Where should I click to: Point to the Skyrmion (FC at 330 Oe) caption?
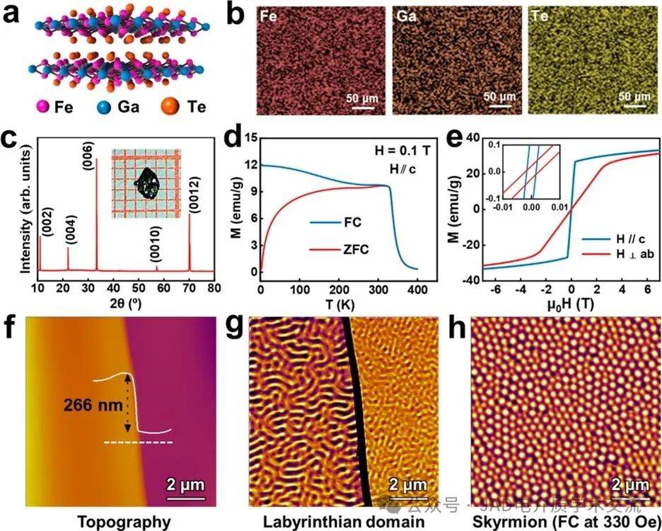pos(554,522)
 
